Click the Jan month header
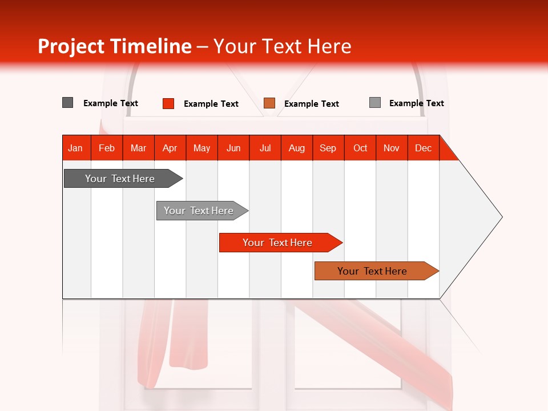[x=75, y=148]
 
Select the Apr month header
[x=170, y=148]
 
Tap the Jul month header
[x=265, y=148]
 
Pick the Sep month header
[x=328, y=148]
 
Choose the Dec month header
[x=423, y=148]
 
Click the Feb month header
[x=107, y=148]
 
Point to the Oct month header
[x=360, y=148]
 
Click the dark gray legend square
[x=67, y=103]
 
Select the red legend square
[x=168, y=103]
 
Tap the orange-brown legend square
[x=269, y=103]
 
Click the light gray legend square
[x=374, y=103]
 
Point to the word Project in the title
[x=71, y=46]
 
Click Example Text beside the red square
[x=211, y=103]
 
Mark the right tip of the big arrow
[x=501, y=216]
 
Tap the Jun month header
[x=233, y=148]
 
